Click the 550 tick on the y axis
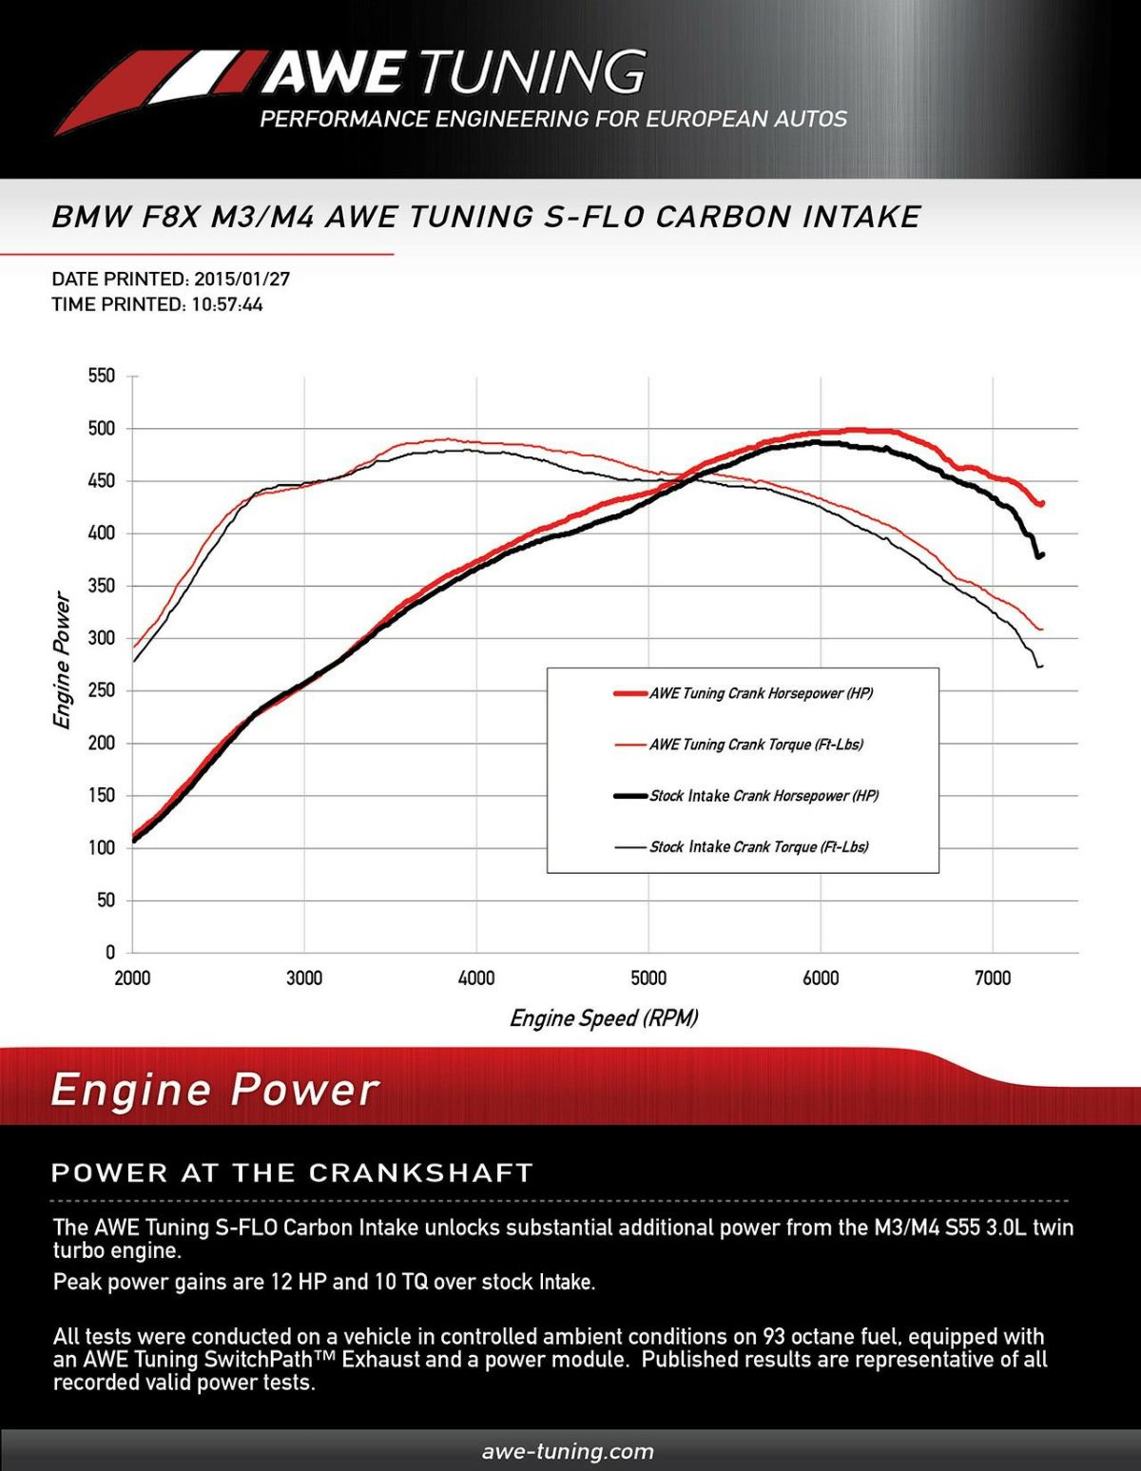pos(101,377)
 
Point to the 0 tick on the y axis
pos(109,953)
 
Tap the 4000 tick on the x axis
pos(476,978)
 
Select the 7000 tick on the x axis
pos(993,978)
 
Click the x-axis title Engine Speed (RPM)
pos(604,1018)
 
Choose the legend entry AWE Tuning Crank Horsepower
pos(761,693)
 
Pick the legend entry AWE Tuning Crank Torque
pos(756,745)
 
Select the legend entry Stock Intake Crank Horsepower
pos(764,796)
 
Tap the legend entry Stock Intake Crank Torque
pos(759,847)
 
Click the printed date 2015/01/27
pos(242,280)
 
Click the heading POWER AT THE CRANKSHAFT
pos(292,1173)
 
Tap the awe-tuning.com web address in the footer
pos(568,1452)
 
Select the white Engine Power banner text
pos(215,1090)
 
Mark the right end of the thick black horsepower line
pos(1042,554)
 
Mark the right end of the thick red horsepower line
pos(1042,503)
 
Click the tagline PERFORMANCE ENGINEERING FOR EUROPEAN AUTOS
pos(553,120)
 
